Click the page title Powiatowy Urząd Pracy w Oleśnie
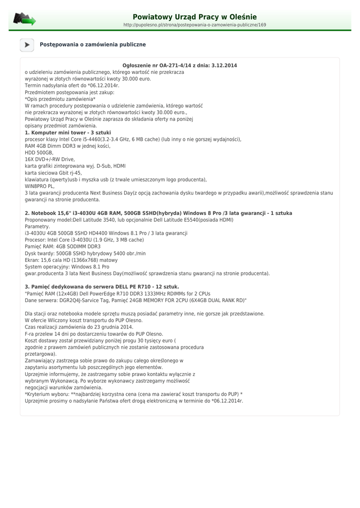click(x=195, y=17)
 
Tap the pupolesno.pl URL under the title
click(x=195, y=25)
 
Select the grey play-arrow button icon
click(x=27, y=45)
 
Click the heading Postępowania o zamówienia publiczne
click(x=93, y=45)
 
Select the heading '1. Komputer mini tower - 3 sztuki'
click(x=68, y=132)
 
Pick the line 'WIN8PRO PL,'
click(x=40, y=186)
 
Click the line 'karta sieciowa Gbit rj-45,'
click(x=53, y=173)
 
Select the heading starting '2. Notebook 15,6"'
click(x=158, y=213)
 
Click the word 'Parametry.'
click(x=37, y=226)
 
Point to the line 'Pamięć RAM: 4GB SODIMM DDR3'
click(x=63, y=247)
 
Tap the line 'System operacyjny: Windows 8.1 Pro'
click(x=67, y=267)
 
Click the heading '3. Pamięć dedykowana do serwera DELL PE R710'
click(x=102, y=287)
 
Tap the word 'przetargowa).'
click(x=40, y=354)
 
